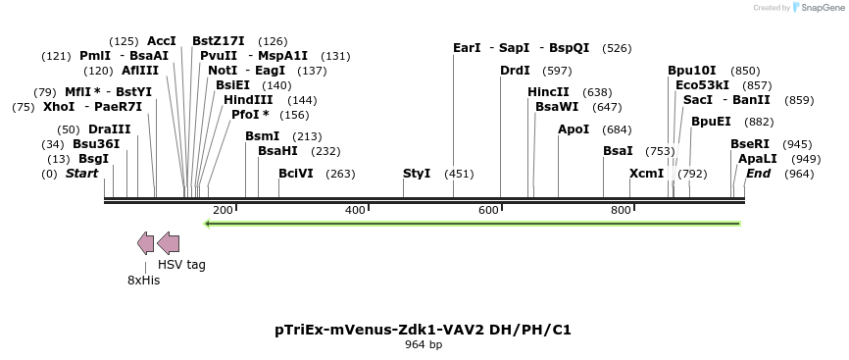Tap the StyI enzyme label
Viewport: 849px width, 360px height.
point(417,174)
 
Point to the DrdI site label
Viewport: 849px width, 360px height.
point(515,71)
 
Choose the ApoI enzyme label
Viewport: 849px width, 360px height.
point(574,129)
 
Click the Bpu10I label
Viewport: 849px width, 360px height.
point(692,71)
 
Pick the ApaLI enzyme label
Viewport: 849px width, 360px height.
point(758,159)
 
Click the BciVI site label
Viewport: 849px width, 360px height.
point(296,174)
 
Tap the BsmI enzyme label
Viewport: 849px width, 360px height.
point(263,136)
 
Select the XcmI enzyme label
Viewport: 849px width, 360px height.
point(647,174)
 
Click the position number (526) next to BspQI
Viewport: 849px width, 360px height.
point(618,48)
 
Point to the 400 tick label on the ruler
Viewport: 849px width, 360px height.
point(356,210)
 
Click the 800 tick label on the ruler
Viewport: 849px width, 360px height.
point(621,210)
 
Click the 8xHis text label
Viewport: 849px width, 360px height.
point(143,280)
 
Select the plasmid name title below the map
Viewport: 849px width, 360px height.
point(424,330)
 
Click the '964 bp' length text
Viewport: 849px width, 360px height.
point(424,345)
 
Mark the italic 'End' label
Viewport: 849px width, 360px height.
point(758,174)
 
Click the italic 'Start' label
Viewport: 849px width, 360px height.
point(82,174)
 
